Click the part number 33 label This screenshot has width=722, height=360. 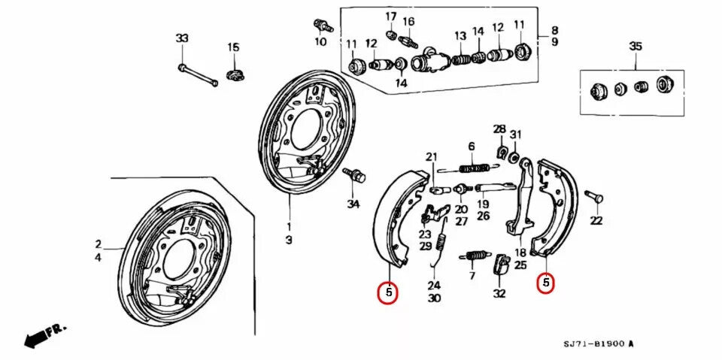[x=181, y=38]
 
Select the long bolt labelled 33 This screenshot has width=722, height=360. [x=198, y=75]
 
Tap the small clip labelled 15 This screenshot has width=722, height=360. [x=235, y=74]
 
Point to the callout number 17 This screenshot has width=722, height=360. [x=391, y=17]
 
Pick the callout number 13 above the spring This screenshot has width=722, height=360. [x=460, y=36]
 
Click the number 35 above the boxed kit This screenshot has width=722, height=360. [x=636, y=47]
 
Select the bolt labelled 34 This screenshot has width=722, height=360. [x=355, y=176]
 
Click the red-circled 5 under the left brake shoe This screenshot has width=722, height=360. [x=387, y=293]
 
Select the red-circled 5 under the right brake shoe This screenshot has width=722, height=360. [x=546, y=283]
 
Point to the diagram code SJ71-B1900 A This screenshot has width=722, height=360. [x=599, y=343]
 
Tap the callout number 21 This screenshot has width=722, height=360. [x=431, y=156]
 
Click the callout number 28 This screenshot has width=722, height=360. [x=499, y=129]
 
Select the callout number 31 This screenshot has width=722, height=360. [x=515, y=135]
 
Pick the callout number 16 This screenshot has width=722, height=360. [x=408, y=21]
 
